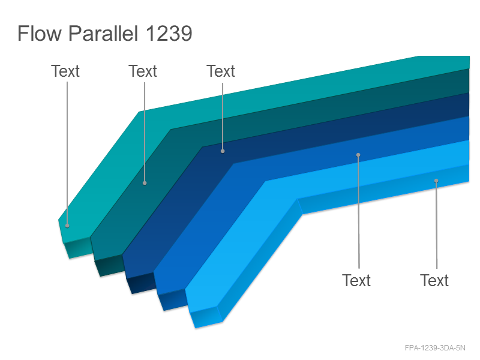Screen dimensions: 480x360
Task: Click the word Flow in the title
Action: point(40,33)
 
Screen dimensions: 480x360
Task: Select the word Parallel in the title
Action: point(103,33)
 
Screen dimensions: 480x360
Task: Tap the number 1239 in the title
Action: point(169,33)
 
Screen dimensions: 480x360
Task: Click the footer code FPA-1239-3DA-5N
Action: point(435,348)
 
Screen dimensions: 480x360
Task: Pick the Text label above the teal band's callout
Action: point(65,71)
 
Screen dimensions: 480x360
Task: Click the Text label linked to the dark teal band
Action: point(143,71)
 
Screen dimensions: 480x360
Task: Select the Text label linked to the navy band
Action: point(221,71)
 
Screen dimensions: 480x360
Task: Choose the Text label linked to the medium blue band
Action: point(356,280)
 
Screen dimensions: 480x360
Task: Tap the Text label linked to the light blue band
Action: point(434,280)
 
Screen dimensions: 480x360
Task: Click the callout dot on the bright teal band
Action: point(67,226)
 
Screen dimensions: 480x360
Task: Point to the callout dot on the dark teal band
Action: point(145,183)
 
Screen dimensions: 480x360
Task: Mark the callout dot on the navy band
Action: point(223,151)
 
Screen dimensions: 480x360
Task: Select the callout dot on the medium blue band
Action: point(358,155)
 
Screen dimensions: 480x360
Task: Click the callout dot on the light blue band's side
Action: point(436,181)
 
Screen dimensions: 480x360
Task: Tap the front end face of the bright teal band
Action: point(78,247)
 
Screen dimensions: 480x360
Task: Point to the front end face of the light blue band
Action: point(206,317)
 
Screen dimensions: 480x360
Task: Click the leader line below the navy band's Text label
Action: point(223,116)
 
